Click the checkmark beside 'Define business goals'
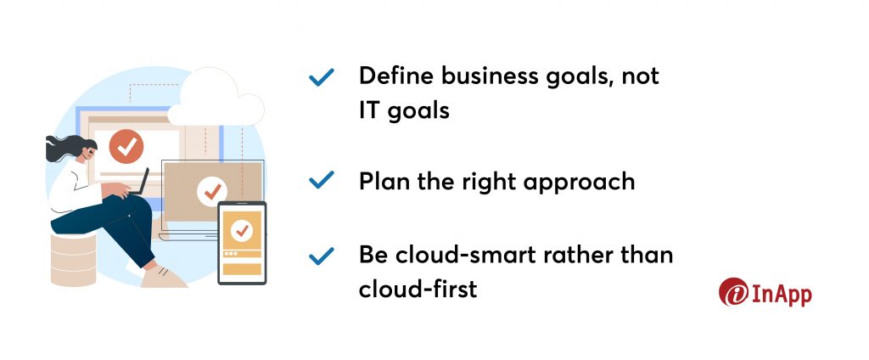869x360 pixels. point(322,77)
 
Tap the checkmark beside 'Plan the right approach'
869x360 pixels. point(322,180)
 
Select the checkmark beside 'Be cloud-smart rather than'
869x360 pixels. point(322,256)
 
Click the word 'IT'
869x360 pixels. point(368,110)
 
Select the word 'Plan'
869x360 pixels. point(384,181)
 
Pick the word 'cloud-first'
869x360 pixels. point(418,289)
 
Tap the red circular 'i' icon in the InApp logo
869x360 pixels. point(733,292)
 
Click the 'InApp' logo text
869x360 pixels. point(781,293)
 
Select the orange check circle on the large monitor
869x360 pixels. point(126,146)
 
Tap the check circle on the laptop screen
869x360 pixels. point(212,191)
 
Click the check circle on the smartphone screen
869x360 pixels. point(242,229)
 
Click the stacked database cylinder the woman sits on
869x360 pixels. point(73,259)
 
